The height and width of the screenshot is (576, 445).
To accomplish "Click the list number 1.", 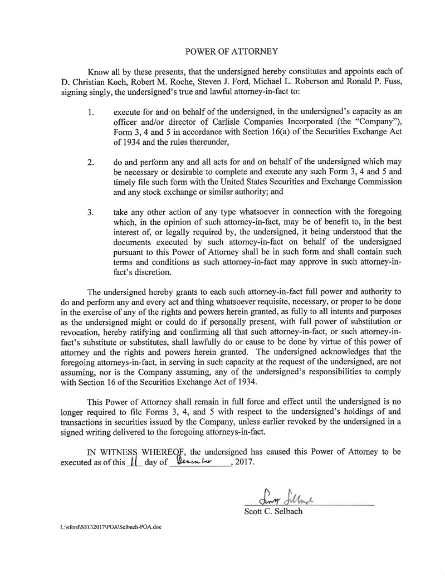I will pyautogui.click(x=91, y=113).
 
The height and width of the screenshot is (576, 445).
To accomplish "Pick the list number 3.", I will pyautogui.click(x=91, y=213).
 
